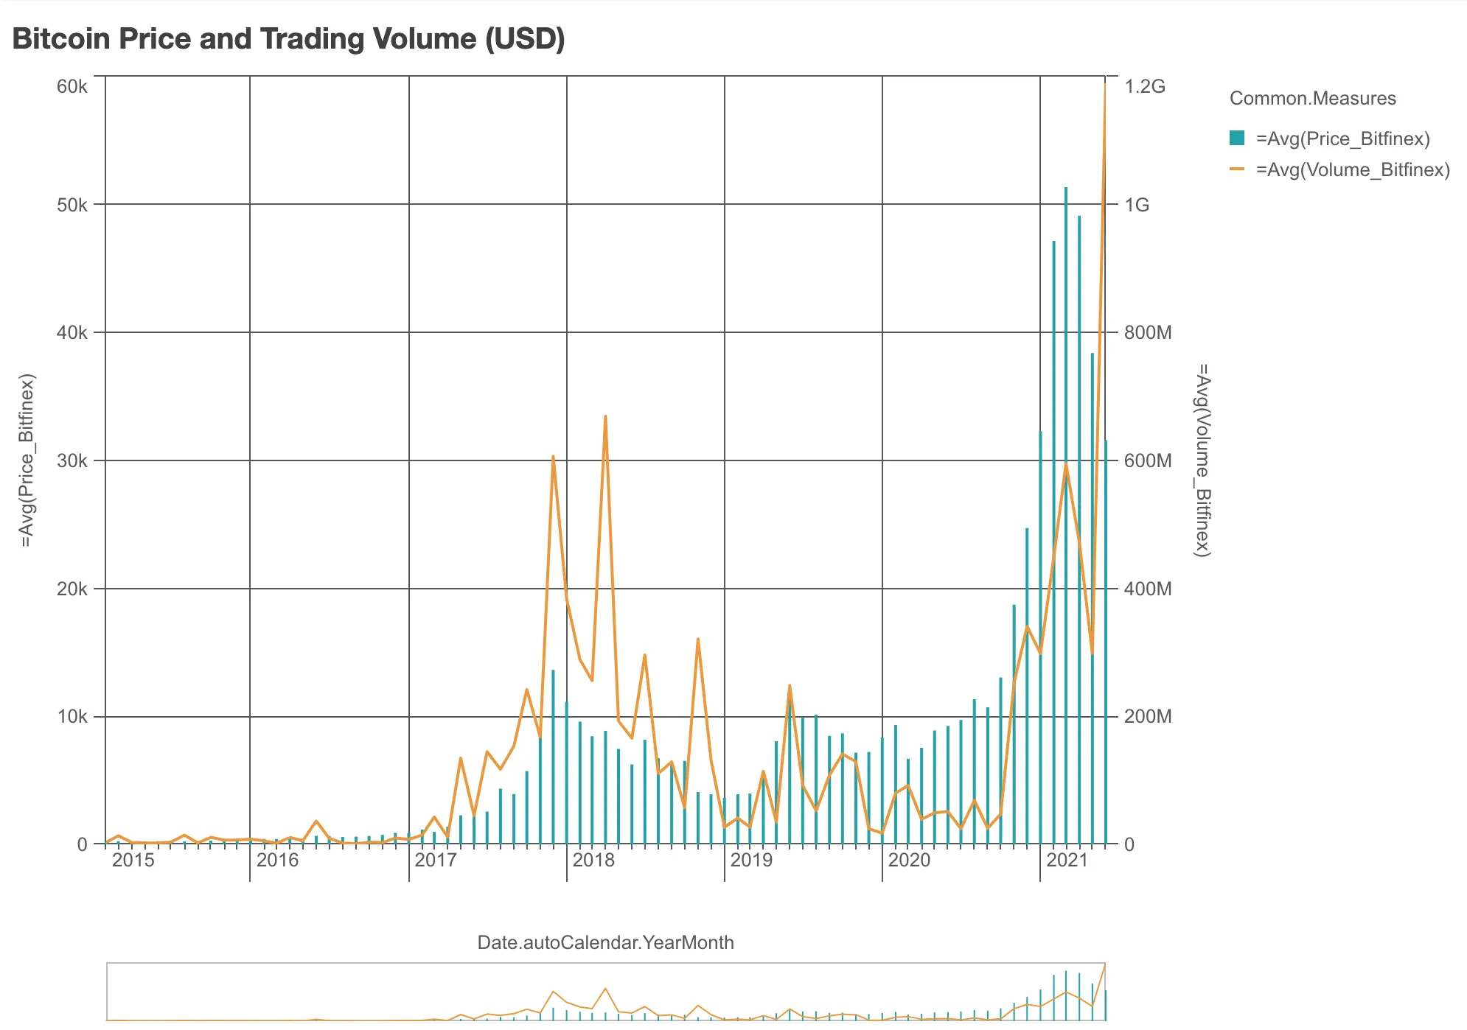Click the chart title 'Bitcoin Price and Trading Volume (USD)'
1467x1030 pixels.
click(288, 39)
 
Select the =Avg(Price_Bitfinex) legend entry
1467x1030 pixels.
click(1342, 139)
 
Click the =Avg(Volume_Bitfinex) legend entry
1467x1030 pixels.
click(1352, 170)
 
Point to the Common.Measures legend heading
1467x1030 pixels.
click(1312, 99)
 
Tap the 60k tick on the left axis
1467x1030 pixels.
click(72, 87)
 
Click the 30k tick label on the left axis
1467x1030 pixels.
click(72, 461)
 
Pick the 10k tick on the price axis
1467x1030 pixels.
click(72, 717)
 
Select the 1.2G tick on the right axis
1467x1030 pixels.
click(1145, 87)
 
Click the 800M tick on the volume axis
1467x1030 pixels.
click(1148, 333)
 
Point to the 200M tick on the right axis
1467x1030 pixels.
click(1148, 717)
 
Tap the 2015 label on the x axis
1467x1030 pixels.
click(133, 861)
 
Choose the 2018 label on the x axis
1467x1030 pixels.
click(593, 861)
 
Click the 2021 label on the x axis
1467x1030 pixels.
click(1067, 861)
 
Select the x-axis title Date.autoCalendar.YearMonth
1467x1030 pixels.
click(605, 943)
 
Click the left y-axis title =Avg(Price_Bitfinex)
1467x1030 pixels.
click(27, 461)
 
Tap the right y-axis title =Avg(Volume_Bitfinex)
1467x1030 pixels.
click(1202, 460)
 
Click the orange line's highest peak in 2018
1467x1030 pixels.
click(605, 416)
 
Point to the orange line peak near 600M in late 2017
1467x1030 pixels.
click(553, 457)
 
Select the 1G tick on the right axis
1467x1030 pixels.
click(1137, 206)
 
